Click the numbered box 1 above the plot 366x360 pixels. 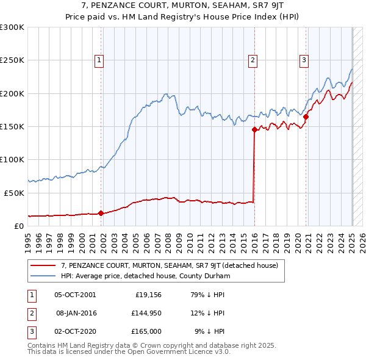[99, 60]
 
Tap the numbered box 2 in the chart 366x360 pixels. [253, 60]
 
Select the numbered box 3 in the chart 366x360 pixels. [304, 60]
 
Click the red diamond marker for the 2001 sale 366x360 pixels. [101, 213]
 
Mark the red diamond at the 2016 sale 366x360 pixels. [254, 129]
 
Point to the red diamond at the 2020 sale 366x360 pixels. [306, 117]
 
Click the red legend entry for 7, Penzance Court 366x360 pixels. [170, 265]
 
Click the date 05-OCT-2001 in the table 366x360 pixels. [75, 295]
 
